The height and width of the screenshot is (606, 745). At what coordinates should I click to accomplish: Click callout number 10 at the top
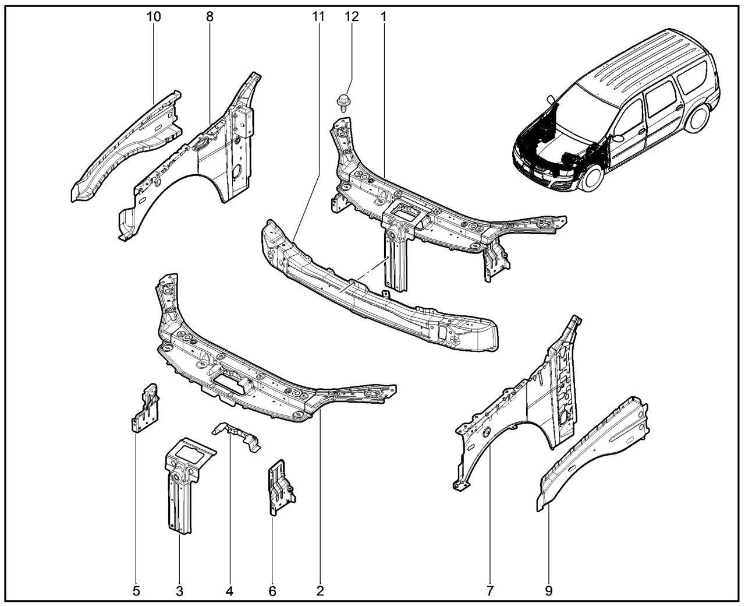pyautogui.click(x=154, y=16)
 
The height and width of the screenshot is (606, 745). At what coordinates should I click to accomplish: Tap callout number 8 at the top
pyautogui.click(x=210, y=16)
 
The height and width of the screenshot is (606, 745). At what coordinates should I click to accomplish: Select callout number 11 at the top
pyautogui.click(x=318, y=16)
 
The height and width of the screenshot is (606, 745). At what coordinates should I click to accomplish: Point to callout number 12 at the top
pyautogui.click(x=352, y=16)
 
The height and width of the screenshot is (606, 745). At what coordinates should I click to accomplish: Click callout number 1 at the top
pyautogui.click(x=384, y=16)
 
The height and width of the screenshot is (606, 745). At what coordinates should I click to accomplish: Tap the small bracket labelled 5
pyautogui.click(x=144, y=408)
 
